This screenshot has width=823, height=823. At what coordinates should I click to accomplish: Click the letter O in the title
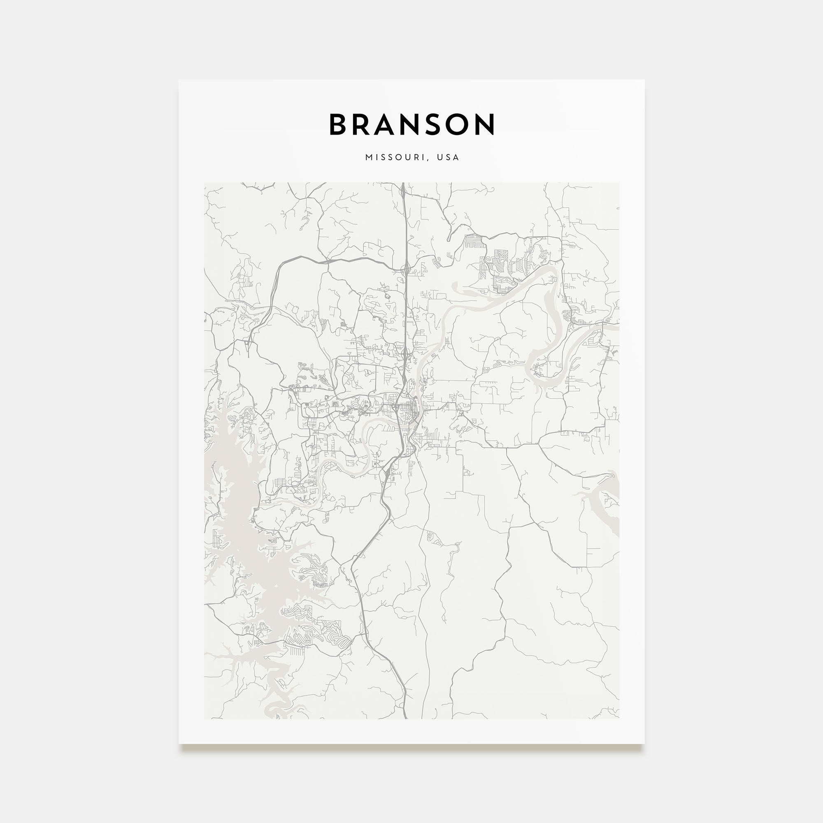tap(459, 124)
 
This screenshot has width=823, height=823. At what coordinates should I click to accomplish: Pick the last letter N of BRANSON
tap(485, 124)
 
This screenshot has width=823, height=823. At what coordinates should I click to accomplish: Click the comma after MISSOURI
tap(427, 159)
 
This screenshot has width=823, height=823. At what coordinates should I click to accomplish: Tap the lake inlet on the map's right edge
tap(609, 503)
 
